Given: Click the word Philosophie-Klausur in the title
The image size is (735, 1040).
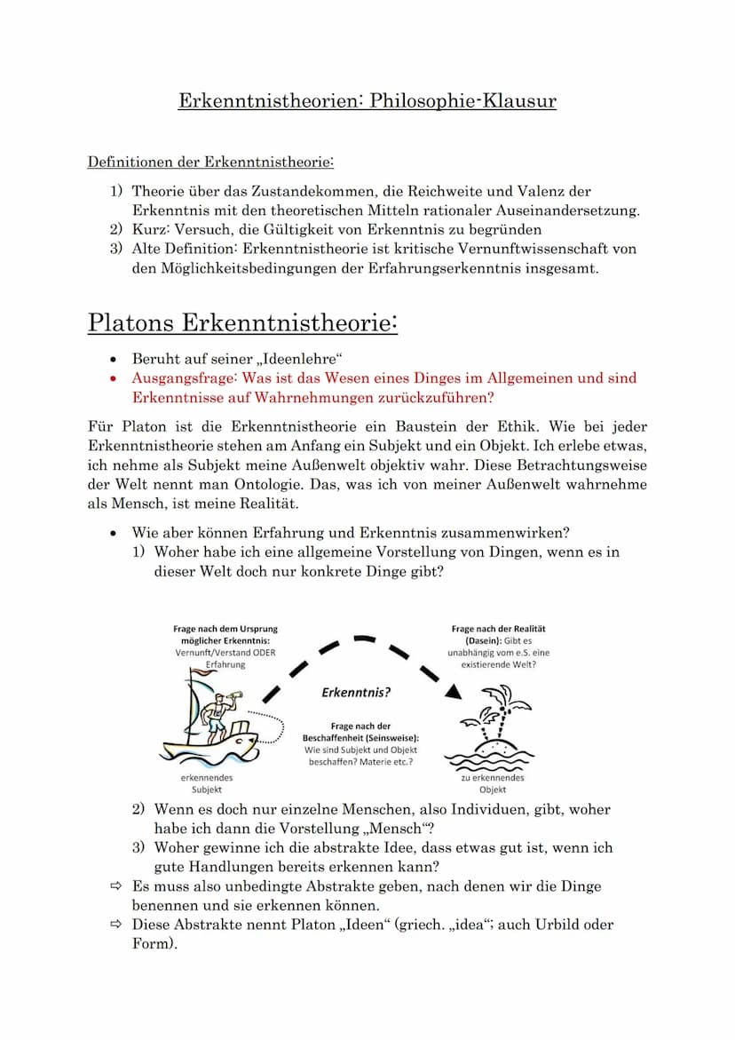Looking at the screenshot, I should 463,100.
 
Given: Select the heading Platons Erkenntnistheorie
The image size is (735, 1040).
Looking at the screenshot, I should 241,322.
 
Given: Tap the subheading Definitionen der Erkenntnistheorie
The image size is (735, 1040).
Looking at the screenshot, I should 210,163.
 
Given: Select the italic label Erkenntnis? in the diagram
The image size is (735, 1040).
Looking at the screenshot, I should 357,693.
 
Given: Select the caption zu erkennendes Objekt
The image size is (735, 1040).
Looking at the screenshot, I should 493,783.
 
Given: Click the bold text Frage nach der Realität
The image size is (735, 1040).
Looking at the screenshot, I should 499,629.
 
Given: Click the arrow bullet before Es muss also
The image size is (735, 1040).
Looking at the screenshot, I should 115,886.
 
